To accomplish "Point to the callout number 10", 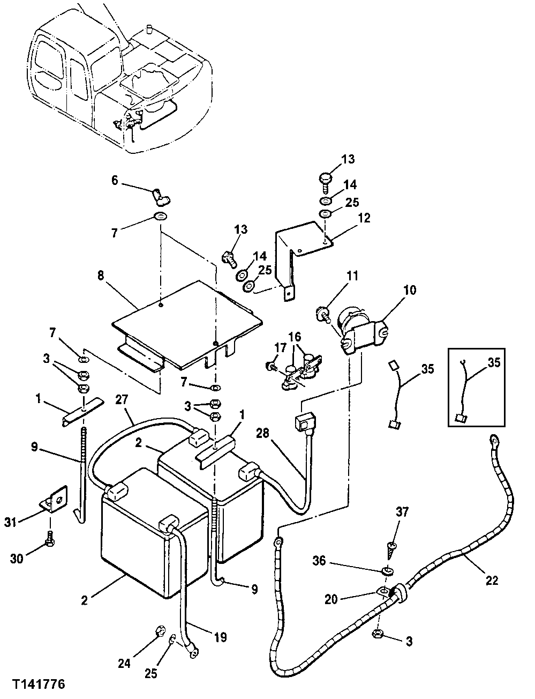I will pos(410,291).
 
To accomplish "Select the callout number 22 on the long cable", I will pos(492,580).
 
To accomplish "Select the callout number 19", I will pos(220,637).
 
